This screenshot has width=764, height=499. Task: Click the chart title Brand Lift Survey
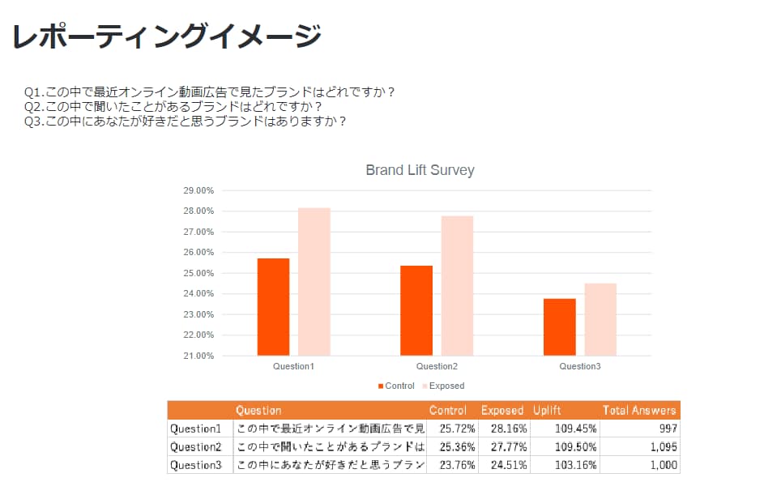point(420,170)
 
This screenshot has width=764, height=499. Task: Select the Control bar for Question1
point(273,307)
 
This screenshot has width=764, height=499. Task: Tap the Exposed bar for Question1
point(314,282)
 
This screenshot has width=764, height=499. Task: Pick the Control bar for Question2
point(416,310)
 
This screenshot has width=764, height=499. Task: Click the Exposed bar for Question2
point(457,286)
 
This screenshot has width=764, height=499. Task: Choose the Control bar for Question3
point(559,326)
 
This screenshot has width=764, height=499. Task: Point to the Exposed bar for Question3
point(600,319)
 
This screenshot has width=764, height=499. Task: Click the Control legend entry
point(396,386)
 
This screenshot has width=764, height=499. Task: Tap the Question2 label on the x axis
point(437,367)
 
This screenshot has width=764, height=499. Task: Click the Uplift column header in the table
point(547,410)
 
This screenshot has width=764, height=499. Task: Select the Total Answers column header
point(638,410)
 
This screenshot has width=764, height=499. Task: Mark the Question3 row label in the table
point(195,465)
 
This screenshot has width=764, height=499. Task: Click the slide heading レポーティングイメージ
point(166,36)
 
